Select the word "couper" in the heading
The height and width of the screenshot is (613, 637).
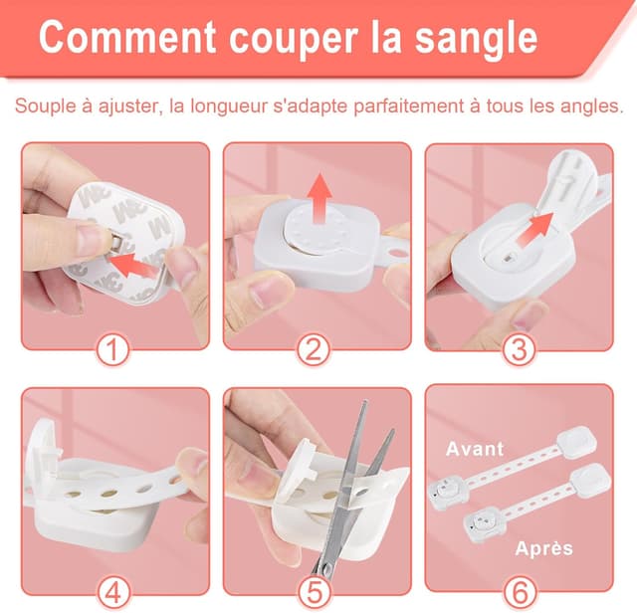pyautogui.click(x=287, y=40)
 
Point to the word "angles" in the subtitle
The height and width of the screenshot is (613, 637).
pyautogui.click(x=588, y=105)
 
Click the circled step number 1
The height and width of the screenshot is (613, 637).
pyautogui.click(x=115, y=349)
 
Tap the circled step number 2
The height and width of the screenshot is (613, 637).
pyautogui.click(x=317, y=349)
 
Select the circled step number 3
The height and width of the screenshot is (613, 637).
pyautogui.click(x=519, y=349)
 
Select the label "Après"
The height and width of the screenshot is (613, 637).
pyautogui.click(x=544, y=548)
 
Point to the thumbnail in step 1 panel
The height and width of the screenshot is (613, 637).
pyautogui.click(x=91, y=239)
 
